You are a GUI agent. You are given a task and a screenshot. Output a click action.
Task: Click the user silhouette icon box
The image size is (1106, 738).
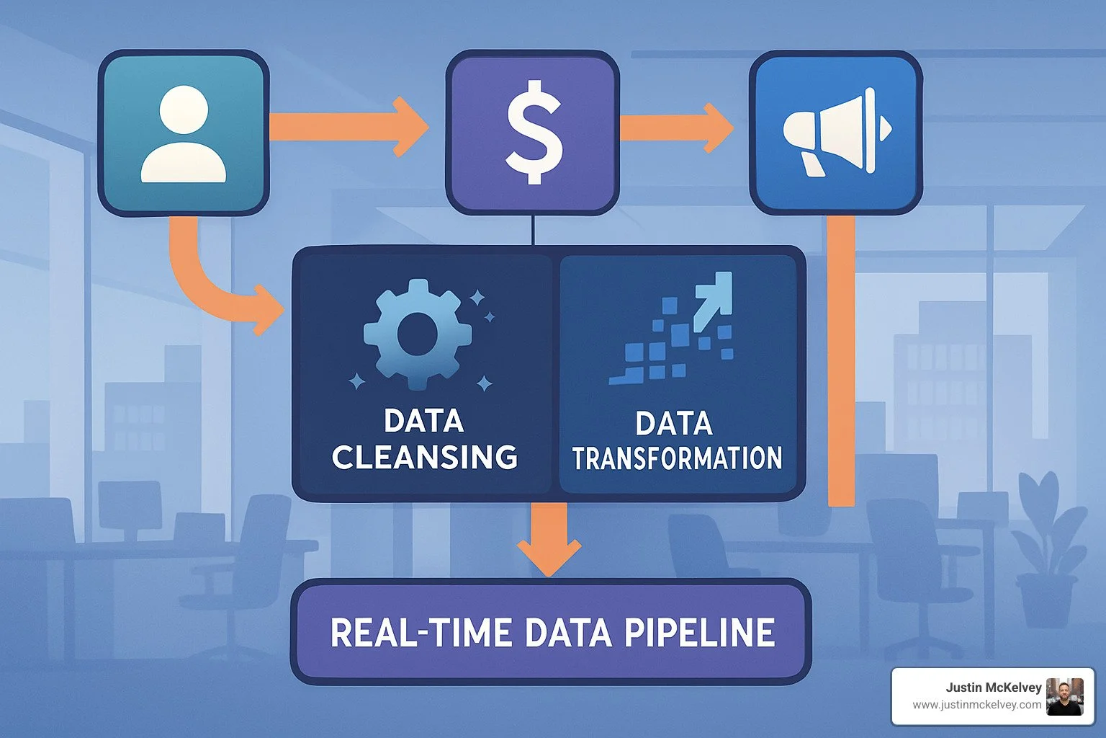(x=183, y=133)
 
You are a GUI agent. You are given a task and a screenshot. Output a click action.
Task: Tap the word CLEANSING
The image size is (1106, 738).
(x=425, y=458)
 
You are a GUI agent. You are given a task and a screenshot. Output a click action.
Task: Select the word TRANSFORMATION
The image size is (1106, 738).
(x=677, y=458)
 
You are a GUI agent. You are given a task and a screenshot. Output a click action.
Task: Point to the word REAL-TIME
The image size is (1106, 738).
(x=421, y=633)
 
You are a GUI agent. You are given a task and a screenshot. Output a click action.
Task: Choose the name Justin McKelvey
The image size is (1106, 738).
(x=993, y=688)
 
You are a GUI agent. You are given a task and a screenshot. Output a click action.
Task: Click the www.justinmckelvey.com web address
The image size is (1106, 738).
(x=976, y=705)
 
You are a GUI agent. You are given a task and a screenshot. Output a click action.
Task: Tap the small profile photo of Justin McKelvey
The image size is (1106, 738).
(x=1064, y=696)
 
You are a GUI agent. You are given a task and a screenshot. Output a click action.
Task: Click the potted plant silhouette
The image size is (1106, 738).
(x=1048, y=548)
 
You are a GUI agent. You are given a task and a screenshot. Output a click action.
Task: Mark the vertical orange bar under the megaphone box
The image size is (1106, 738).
(x=841, y=360)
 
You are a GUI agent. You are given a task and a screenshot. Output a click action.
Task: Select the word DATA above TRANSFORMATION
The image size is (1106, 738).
(x=674, y=424)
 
